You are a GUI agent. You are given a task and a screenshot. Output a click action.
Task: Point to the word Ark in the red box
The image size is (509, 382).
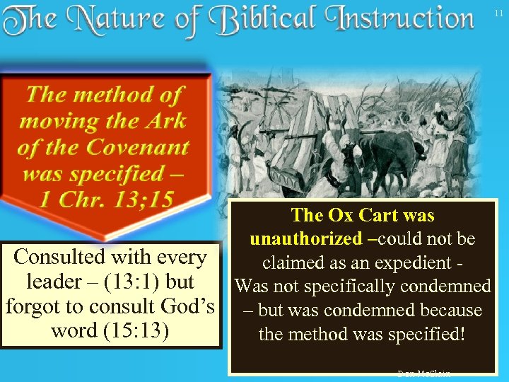click(x=163, y=120)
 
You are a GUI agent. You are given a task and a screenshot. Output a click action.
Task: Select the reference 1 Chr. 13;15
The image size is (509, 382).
click(x=105, y=199)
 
